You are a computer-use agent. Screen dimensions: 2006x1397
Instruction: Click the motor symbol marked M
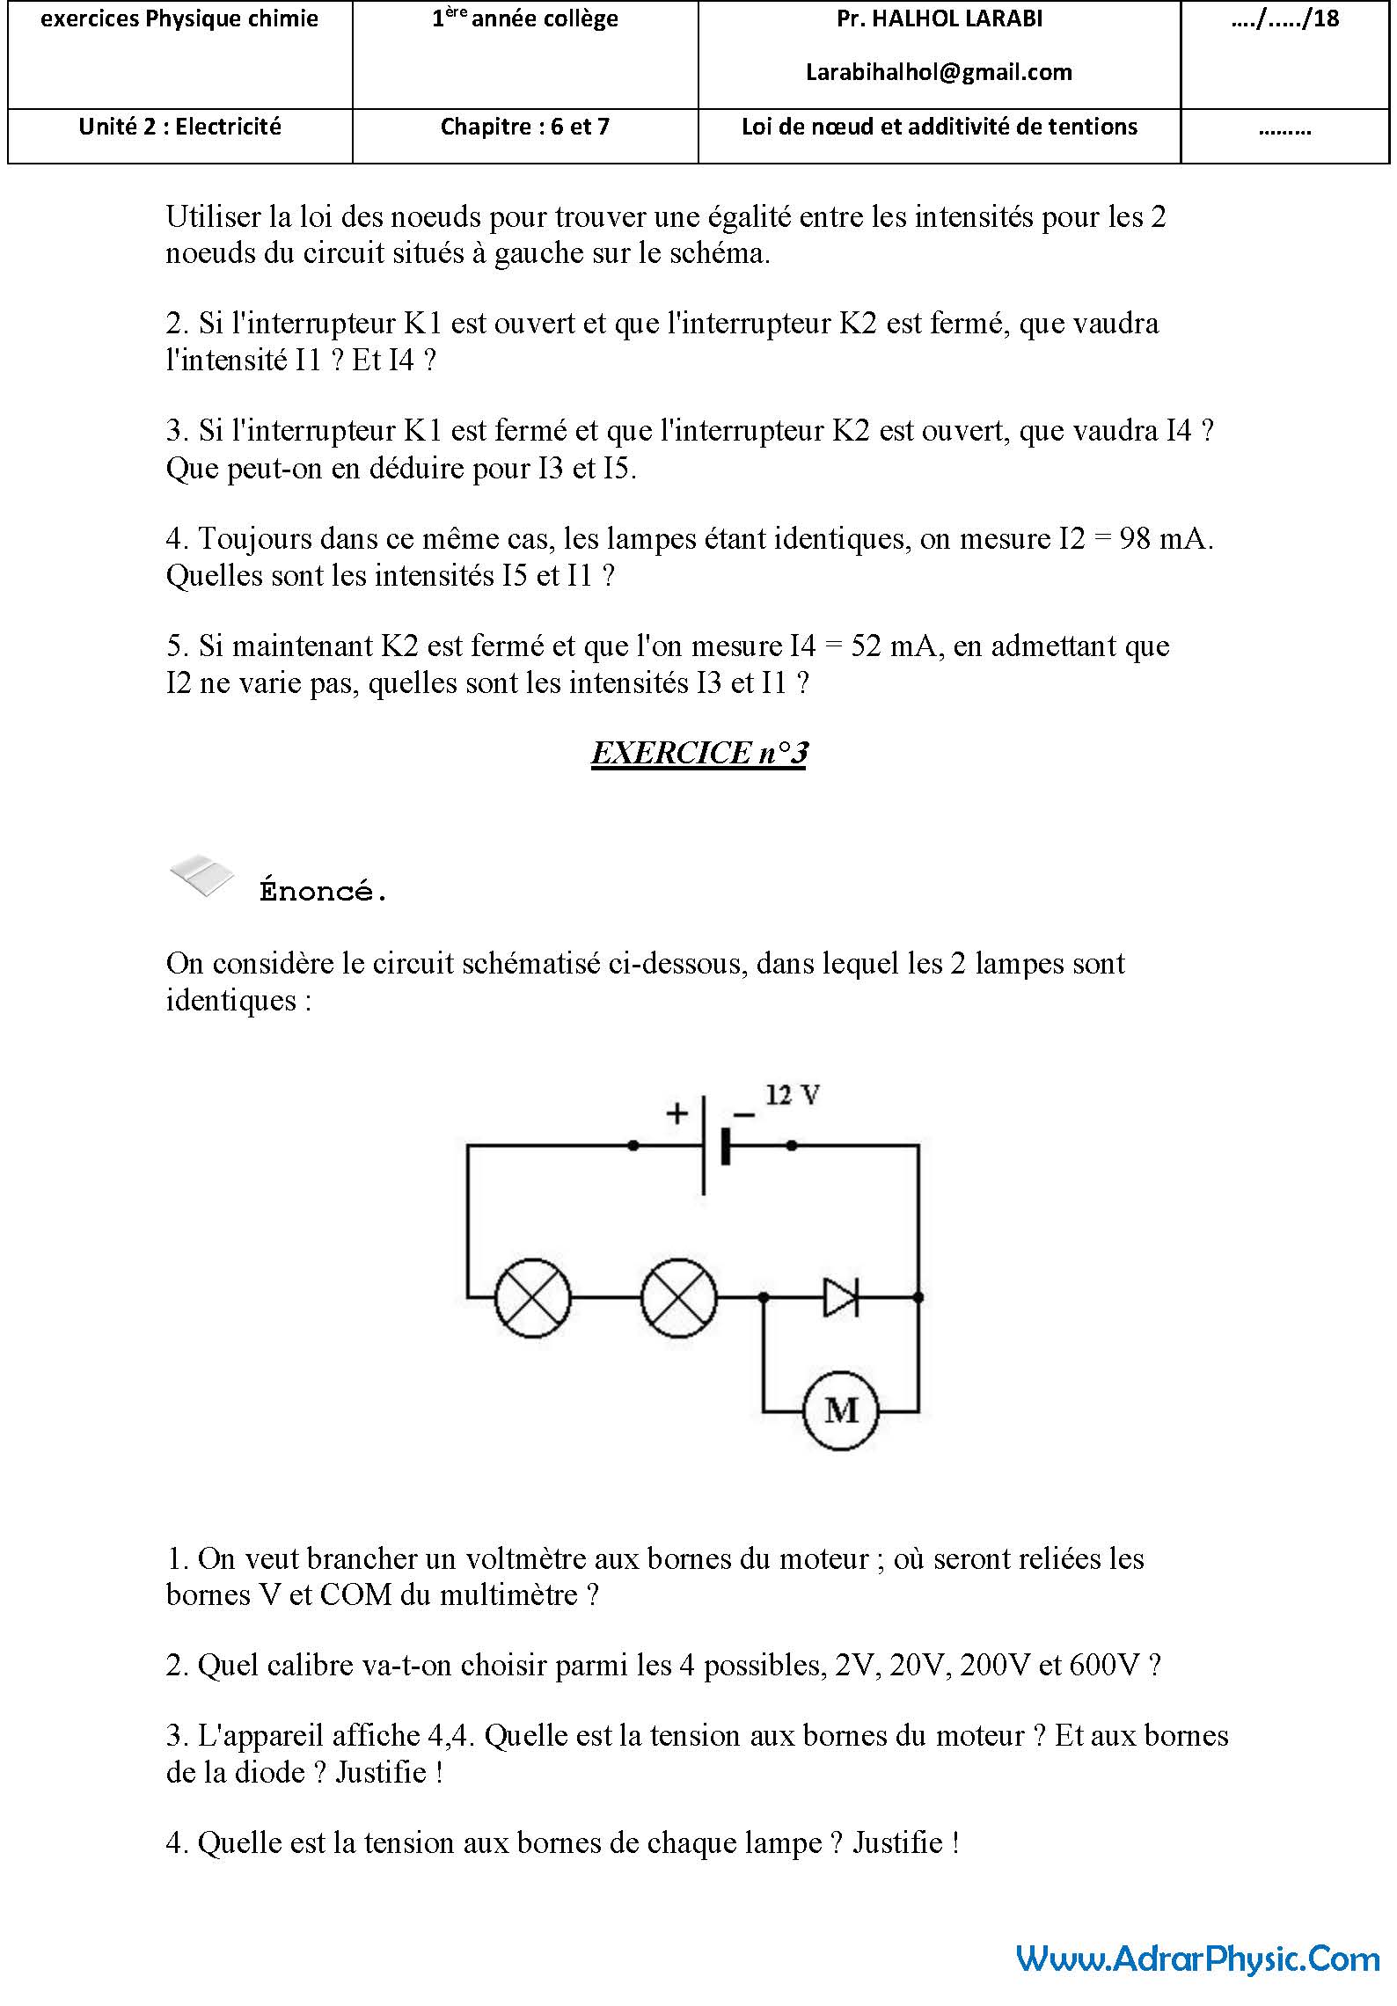[841, 1411]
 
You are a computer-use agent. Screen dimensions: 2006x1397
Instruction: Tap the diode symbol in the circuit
[840, 1296]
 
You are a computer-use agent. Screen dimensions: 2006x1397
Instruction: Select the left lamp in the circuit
[532, 1297]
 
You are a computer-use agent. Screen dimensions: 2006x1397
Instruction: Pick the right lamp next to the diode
[678, 1297]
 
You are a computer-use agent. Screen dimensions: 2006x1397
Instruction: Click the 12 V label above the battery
[793, 1096]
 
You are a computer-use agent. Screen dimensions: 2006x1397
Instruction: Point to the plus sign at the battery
[677, 1113]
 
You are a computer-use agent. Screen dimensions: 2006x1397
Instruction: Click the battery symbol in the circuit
[714, 1145]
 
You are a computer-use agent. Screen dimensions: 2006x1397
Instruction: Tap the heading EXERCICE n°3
[699, 753]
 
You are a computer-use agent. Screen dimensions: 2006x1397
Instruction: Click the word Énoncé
[323, 891]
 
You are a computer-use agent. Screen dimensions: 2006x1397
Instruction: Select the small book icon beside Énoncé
[202, 874]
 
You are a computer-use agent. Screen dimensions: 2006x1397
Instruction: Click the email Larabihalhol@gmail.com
[939, 72]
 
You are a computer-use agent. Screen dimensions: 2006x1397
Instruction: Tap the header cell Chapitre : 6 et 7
[524, 127]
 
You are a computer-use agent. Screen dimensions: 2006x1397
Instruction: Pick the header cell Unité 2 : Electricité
[179, 127]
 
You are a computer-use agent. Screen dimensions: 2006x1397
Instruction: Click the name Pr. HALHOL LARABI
[939, 19]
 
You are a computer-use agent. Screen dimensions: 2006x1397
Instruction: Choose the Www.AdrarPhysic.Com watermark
[1198, 1958]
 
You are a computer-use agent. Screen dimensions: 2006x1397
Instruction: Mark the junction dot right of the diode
[918, 1296]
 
